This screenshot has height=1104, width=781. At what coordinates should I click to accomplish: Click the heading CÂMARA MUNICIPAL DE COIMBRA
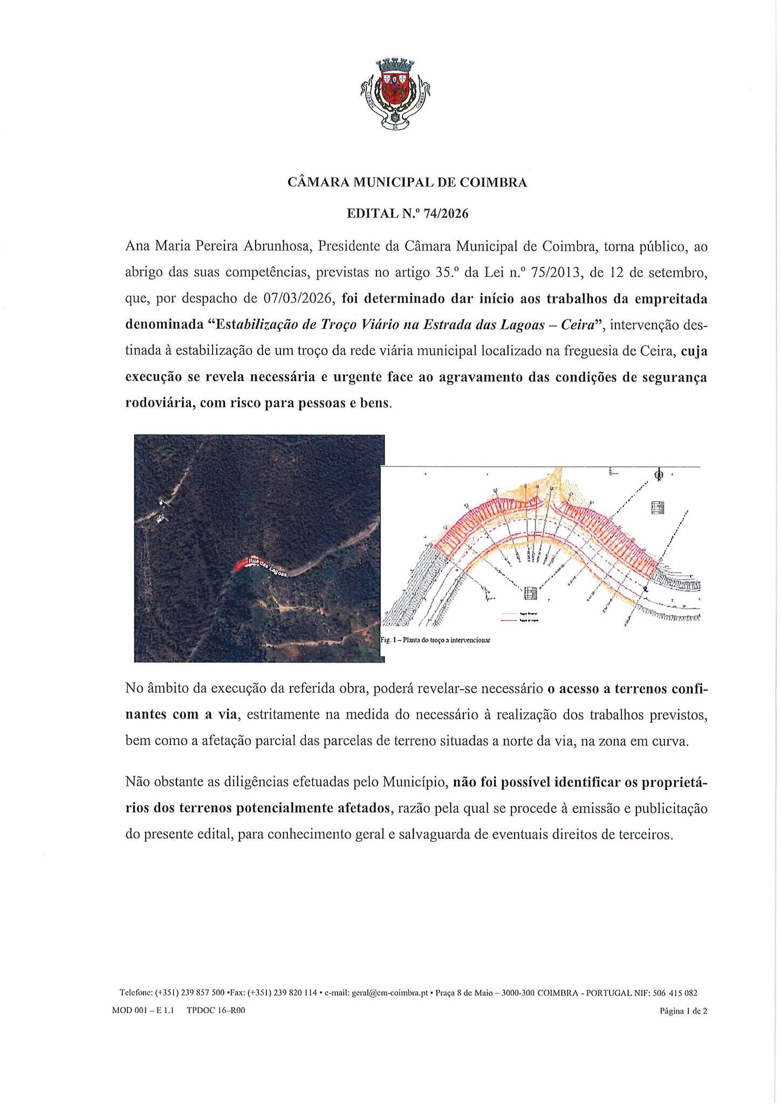[407, 183]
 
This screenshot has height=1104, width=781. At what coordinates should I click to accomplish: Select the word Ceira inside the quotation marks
[576, 325]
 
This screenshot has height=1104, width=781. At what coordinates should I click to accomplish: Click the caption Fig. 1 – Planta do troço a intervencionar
[435, 640]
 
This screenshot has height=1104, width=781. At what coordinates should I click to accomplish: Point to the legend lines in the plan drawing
[518, 617]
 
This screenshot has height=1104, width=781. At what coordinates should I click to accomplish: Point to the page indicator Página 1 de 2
[683, 1011]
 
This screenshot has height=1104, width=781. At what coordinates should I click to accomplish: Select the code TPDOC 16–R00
[216, 1011]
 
